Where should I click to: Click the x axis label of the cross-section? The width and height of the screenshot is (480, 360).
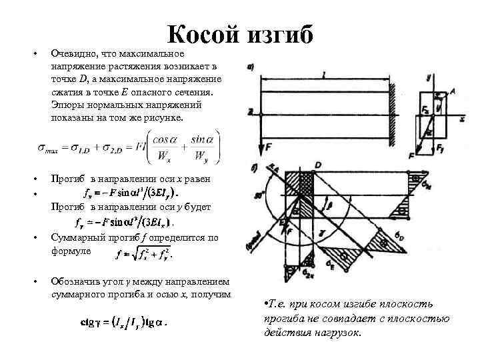tap(461, 119)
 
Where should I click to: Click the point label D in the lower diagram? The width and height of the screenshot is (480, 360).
tap(319, 165)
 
